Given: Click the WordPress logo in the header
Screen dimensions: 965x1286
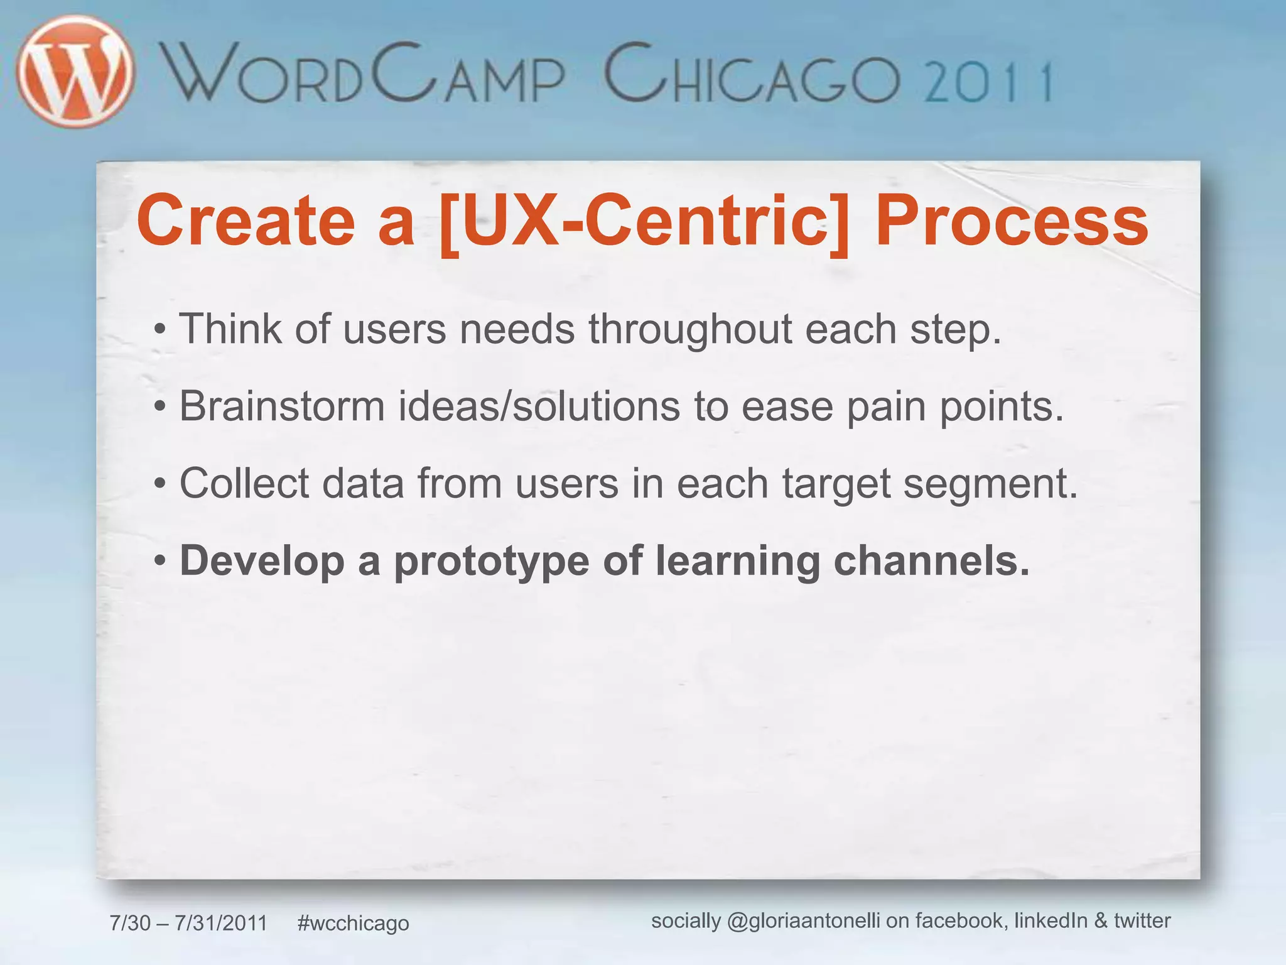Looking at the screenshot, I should (75, 72).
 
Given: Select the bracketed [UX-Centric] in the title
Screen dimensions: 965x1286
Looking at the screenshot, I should (644, 221).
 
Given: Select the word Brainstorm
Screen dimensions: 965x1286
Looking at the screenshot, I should (282, 406).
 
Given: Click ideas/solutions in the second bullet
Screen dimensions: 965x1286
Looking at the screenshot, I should (539, 406).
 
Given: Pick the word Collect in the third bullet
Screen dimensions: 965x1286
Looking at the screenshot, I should (244, 483).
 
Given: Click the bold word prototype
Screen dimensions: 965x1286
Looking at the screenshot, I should (492, 561).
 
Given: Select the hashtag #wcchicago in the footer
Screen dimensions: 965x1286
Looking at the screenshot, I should (353, 923).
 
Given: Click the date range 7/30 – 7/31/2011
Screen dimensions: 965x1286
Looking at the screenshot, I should (188, 923).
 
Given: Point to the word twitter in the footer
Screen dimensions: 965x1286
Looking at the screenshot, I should (1142, 920).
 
